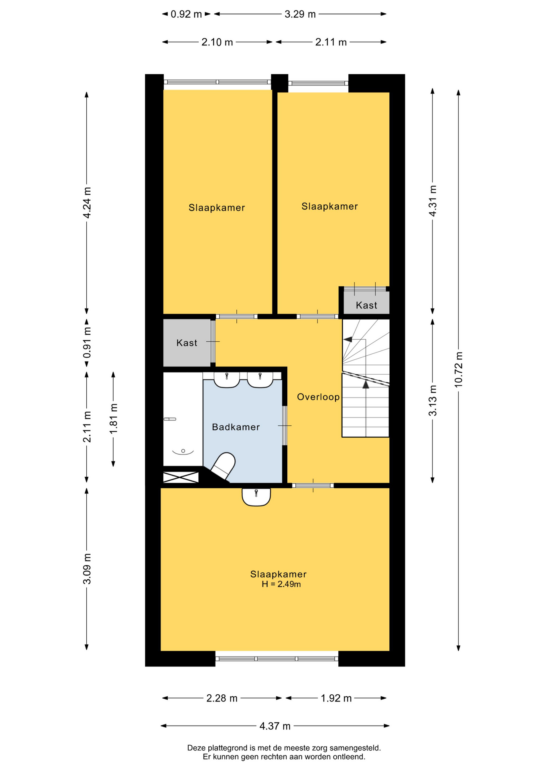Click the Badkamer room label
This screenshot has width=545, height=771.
coord(236,427)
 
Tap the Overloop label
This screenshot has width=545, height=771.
coord(318,397)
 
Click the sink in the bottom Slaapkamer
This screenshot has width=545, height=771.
coord(256,497)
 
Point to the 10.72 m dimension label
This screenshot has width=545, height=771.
coord(458,369)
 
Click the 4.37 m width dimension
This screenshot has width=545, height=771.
coord(275,726)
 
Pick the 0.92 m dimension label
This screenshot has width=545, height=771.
coord(186,14)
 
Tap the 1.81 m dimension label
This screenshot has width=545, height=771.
coord(114,418)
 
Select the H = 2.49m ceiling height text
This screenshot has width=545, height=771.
coord(281,584)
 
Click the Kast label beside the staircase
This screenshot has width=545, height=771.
coord(366,305)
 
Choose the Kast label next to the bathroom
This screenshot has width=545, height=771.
coord(187,343)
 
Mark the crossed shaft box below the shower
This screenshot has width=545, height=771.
coord(181,477)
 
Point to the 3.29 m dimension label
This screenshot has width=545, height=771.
coord(300,14)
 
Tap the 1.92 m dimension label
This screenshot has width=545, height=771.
coord(336,698)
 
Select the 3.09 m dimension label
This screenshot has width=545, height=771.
coord(87,569)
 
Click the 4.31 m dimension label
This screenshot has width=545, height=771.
coord(433,201)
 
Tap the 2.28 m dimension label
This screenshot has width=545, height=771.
coord(222,698)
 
